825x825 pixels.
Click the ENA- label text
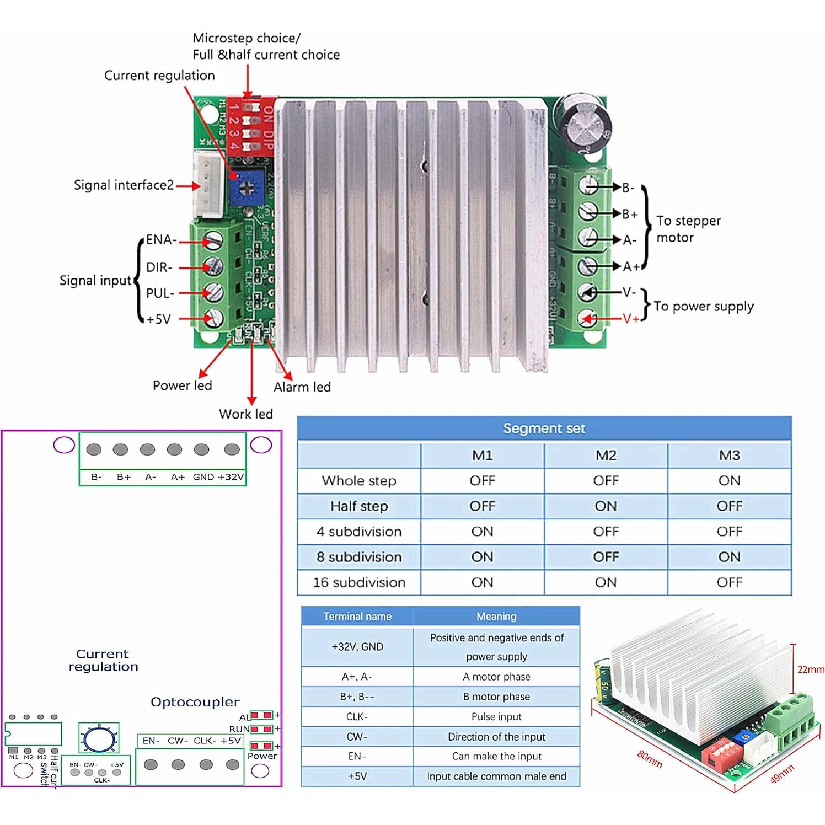161,240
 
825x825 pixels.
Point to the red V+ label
631,319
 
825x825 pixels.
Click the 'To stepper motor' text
688,229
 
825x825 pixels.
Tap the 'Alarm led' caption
302,387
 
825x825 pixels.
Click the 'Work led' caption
245,414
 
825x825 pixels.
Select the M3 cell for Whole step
728,481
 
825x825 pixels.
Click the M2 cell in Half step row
606,506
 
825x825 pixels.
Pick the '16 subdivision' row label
359,583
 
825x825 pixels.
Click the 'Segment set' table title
544,428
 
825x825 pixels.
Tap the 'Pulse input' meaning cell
496,717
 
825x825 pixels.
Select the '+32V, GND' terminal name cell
357,647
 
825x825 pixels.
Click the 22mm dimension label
810,669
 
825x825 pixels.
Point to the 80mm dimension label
650,759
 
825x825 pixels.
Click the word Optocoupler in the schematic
195,702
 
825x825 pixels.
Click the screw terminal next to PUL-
213,293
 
